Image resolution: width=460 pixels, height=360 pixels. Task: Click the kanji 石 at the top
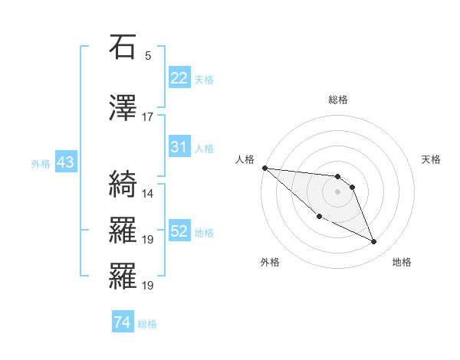point(122,48)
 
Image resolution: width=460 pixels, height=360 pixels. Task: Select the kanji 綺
point(122,185)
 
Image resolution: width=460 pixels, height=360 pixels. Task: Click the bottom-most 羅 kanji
point(122,277)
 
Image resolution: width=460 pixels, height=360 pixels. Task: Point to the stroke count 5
point(148,56)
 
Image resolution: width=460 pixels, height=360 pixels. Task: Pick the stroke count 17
point(148,117)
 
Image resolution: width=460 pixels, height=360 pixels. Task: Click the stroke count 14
point(148,194)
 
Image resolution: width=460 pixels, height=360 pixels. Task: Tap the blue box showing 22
point(179,78)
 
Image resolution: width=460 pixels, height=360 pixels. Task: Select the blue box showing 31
point(179,147)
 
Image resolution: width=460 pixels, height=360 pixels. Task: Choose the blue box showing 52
point(179,231)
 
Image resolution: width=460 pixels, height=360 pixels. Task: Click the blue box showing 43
point(64,162)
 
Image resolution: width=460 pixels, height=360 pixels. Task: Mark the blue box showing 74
point(122,323)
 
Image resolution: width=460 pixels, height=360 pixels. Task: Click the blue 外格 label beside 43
point(40,163)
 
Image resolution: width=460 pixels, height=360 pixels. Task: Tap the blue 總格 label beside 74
point(147,324)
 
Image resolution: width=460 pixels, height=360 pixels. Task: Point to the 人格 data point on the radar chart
point(264,168)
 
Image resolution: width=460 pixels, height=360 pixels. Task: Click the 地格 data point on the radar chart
point(374,242)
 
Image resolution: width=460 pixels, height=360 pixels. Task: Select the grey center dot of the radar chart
point(337,191)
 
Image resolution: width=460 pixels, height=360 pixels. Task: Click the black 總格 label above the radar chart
point(337,100)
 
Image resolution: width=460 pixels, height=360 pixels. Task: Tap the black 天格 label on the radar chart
point(432,159)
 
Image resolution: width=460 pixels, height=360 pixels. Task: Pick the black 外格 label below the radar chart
point(270,262)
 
